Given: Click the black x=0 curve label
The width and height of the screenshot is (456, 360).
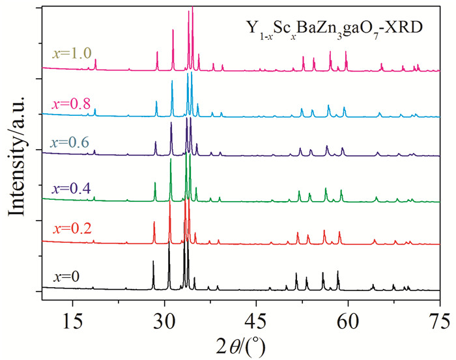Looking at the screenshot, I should (66, 276).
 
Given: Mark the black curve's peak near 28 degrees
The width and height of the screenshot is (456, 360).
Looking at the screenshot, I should (153, 261).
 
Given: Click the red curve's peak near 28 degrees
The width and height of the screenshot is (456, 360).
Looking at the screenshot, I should (154, 222).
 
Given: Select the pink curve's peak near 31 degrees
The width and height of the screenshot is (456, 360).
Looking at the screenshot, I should (173, 29).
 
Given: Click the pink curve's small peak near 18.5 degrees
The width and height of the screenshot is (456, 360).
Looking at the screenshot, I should (96, 59).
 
